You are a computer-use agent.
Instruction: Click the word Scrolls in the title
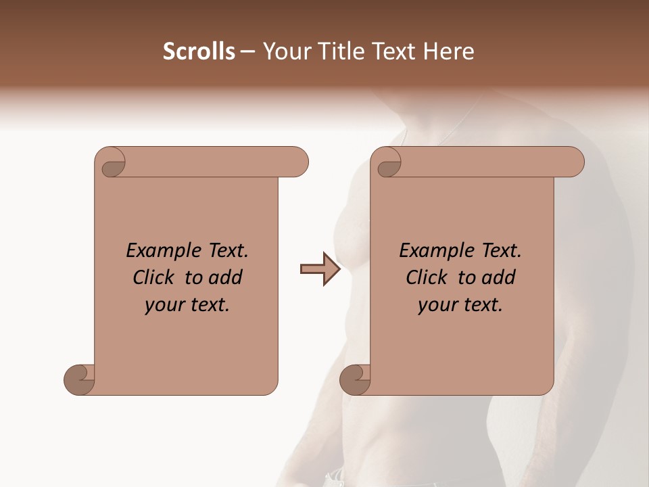(199, 51)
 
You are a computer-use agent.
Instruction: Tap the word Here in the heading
(448, 51)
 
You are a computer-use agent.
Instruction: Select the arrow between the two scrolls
(320, 269)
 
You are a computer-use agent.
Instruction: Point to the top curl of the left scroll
(112, 163)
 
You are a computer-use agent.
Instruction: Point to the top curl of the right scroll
(387, 163)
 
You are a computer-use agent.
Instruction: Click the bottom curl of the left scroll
(79, 379)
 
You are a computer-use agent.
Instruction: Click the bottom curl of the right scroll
(355, 379)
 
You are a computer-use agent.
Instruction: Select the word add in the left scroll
(226, 277)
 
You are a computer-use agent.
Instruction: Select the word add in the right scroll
(499, 277)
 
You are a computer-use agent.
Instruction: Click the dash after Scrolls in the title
(247, 51)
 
